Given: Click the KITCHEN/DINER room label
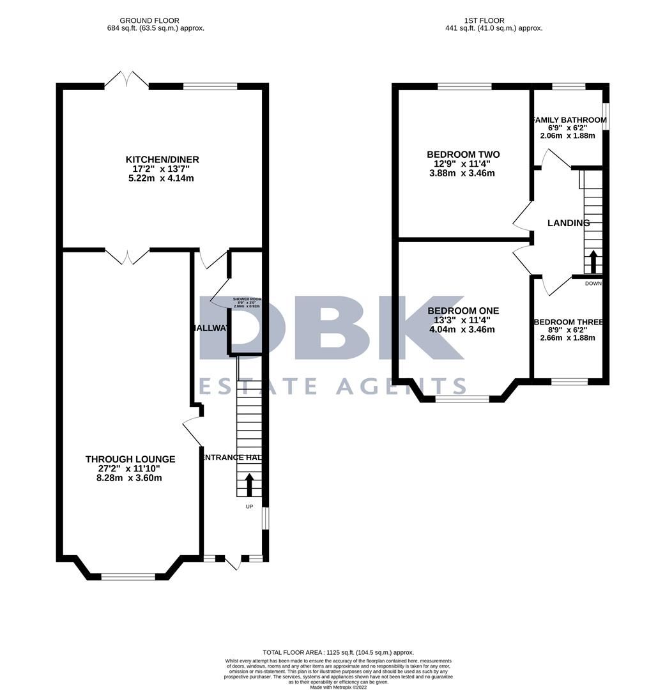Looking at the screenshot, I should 162,159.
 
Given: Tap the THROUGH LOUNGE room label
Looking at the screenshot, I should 130,459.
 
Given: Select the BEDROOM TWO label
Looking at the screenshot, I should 463,155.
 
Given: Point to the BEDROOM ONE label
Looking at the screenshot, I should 463,310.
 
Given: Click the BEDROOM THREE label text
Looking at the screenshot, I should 569,322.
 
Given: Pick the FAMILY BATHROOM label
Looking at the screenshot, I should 569,120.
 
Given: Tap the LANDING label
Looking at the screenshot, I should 569,223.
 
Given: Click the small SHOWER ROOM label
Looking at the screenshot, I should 247,299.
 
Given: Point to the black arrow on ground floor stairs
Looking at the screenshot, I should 249,484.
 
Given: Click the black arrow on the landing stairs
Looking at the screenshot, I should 593,261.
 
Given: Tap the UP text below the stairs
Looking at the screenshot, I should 250,507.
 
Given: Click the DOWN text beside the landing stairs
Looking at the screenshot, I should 593,283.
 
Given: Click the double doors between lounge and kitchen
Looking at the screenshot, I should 126,256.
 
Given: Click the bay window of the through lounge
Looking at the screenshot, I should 128,576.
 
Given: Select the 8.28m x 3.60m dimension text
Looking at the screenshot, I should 130,478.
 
